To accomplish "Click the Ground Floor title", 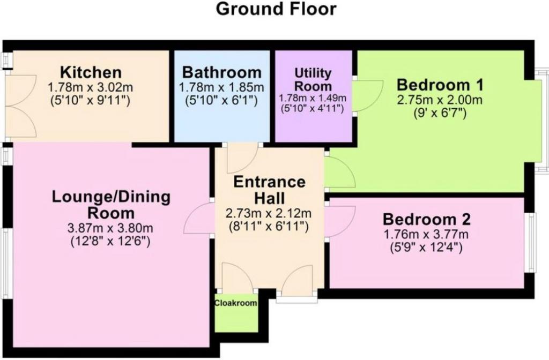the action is [276, 9].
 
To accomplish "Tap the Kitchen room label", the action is [91, 72].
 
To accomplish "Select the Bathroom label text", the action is [222, 72].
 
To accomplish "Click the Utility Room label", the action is [313, 79].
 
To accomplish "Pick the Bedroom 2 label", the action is [426, 219].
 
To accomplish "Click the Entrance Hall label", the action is [269, 190].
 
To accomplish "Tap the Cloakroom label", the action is [236, 303].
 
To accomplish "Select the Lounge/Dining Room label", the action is [111, 205].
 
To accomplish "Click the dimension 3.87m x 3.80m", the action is [110, 228].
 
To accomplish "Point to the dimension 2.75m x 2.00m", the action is [440, 100].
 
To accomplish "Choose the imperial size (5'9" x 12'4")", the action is [426, 247].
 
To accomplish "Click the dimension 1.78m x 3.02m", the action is [90, 87].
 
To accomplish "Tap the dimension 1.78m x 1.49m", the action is [313, 99].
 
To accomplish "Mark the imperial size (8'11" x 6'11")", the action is [269, 227].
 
